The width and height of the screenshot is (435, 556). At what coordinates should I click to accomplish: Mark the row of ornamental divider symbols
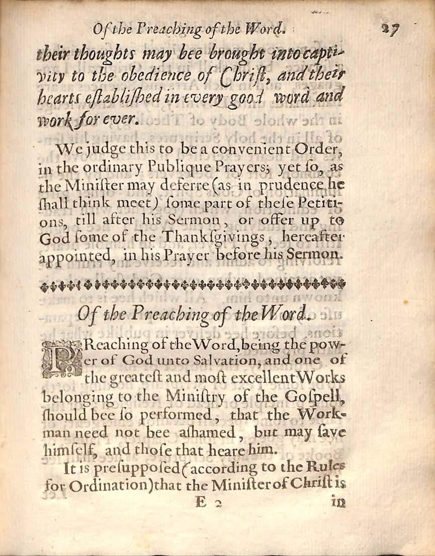(x=193, y=285)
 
